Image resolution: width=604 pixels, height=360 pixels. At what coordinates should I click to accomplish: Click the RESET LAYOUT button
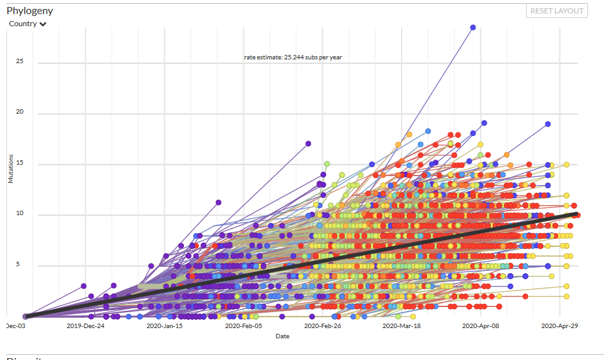click(557, 10)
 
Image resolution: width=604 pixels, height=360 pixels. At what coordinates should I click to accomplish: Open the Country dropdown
click(27, 24)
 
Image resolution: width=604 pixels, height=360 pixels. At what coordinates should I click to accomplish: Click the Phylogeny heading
click(29, 10)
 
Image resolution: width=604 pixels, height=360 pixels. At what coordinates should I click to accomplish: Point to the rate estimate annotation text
click(293, 57)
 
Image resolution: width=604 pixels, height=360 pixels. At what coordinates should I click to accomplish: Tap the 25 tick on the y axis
click(20, 62)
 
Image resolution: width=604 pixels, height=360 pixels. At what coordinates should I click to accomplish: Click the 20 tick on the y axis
click(20, 112)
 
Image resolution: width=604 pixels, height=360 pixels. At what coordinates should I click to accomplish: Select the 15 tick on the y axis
click(20, 163)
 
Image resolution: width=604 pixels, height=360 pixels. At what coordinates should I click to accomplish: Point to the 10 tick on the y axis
click(20, 214)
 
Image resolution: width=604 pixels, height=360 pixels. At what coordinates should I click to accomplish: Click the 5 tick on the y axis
click(21, 265)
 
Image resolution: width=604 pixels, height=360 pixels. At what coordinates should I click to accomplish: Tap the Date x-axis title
click(282, 336)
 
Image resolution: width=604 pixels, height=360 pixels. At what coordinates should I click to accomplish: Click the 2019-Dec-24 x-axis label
click(86, 326)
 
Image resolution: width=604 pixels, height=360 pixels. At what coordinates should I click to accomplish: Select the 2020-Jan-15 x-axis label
click(165, 326)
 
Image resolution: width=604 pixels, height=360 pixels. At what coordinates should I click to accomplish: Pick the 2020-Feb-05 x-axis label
click(243, 326)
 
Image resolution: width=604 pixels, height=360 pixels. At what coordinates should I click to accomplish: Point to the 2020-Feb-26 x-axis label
click(322, 326)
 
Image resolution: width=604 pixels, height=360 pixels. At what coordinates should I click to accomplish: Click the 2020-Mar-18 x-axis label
click(402, 326)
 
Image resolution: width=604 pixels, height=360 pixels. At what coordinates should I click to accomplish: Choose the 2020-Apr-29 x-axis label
click(559, 326)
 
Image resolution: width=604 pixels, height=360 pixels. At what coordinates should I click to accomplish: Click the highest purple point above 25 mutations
click(473, 27)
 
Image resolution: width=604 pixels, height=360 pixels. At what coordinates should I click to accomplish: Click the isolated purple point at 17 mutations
click(308, 144)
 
